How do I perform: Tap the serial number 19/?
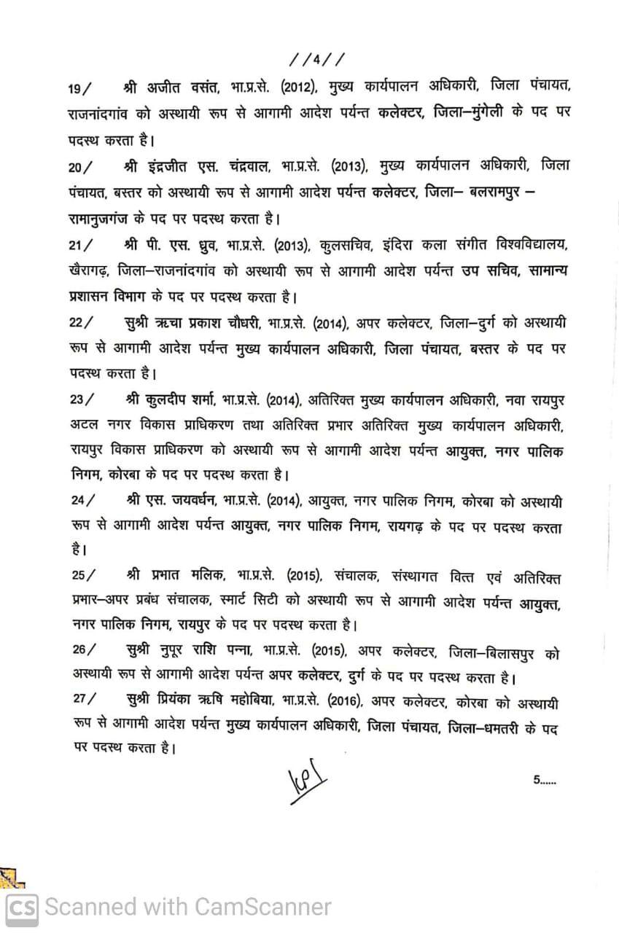tap(79, 89)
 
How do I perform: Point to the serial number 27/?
tap(84, 698)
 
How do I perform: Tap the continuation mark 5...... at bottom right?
tap(544, 779)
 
